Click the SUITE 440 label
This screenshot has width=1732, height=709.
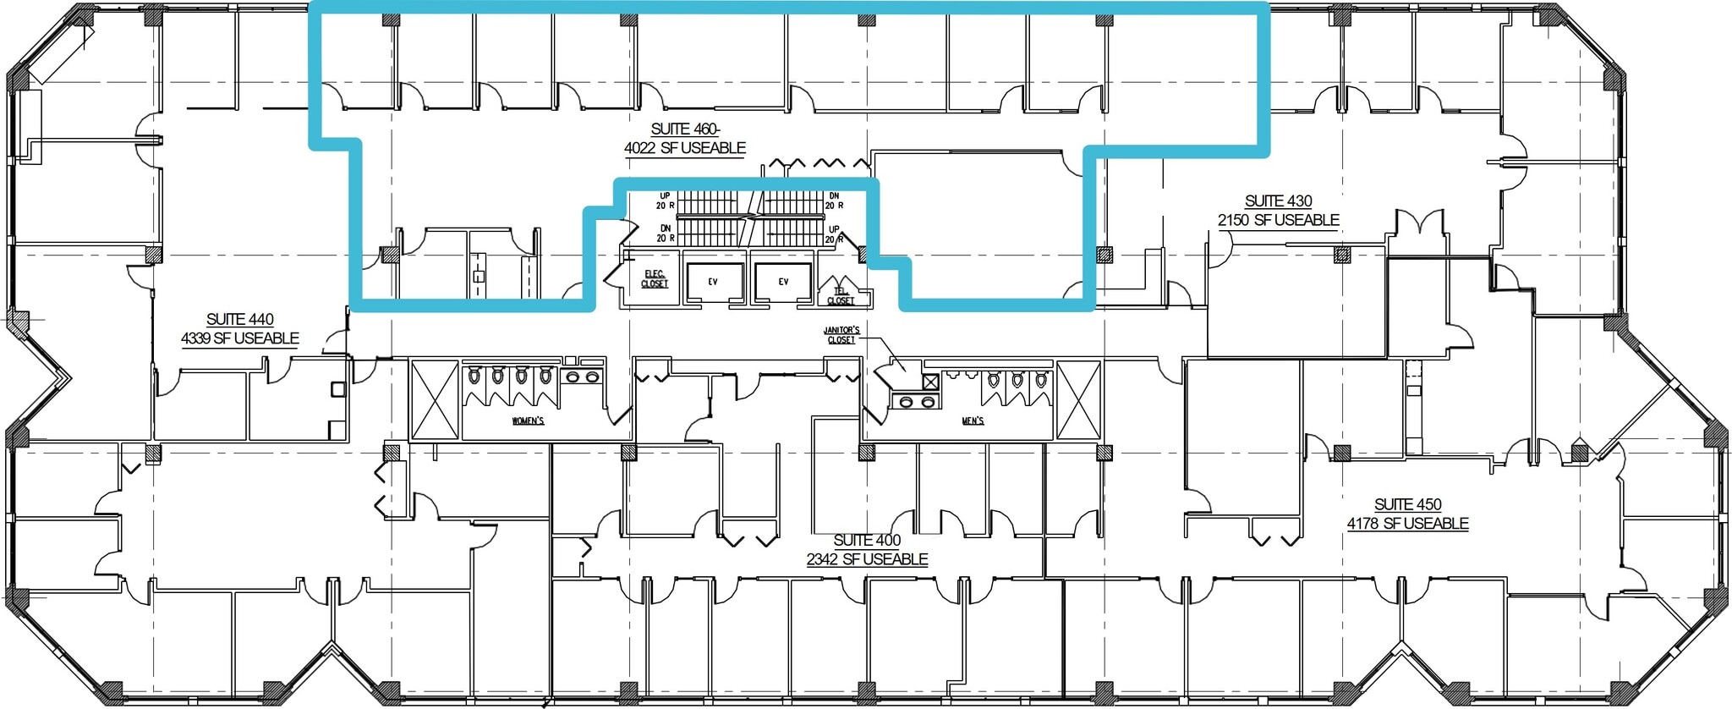(x=240, y=319)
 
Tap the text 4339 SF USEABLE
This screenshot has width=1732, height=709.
(x=240, y=338)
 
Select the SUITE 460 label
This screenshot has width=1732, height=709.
(x=685, y=129)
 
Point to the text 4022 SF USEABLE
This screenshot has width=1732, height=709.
(x=685, y=148)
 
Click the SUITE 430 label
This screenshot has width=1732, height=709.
(x=1278, y=201)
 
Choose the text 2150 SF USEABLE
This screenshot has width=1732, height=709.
(x=1278, y=220)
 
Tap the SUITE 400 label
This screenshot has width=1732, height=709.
(x=867, y=541)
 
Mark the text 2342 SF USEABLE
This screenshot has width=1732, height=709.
(x=867, y=559)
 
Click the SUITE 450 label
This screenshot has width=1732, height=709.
(x=1407, y=505)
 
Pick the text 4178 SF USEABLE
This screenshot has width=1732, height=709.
(x=1407, y=524)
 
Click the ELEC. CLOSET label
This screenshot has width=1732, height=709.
(x=655, y=279)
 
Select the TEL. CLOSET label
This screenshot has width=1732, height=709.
(x=841, y=296)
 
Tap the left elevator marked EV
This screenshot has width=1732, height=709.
(x=713, y=282)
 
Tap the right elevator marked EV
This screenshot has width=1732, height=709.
(x=783, y=282)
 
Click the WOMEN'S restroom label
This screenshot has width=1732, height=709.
(x=528, y=420)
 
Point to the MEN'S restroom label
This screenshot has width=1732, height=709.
(x=973, y=420)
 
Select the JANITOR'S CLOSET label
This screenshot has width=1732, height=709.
(x=841, y=335)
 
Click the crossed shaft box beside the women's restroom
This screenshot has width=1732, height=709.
(x=435, y=400)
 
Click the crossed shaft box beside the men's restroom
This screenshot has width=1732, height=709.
(x=1078, y=400)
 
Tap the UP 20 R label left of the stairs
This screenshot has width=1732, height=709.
(x=665, y=201)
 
